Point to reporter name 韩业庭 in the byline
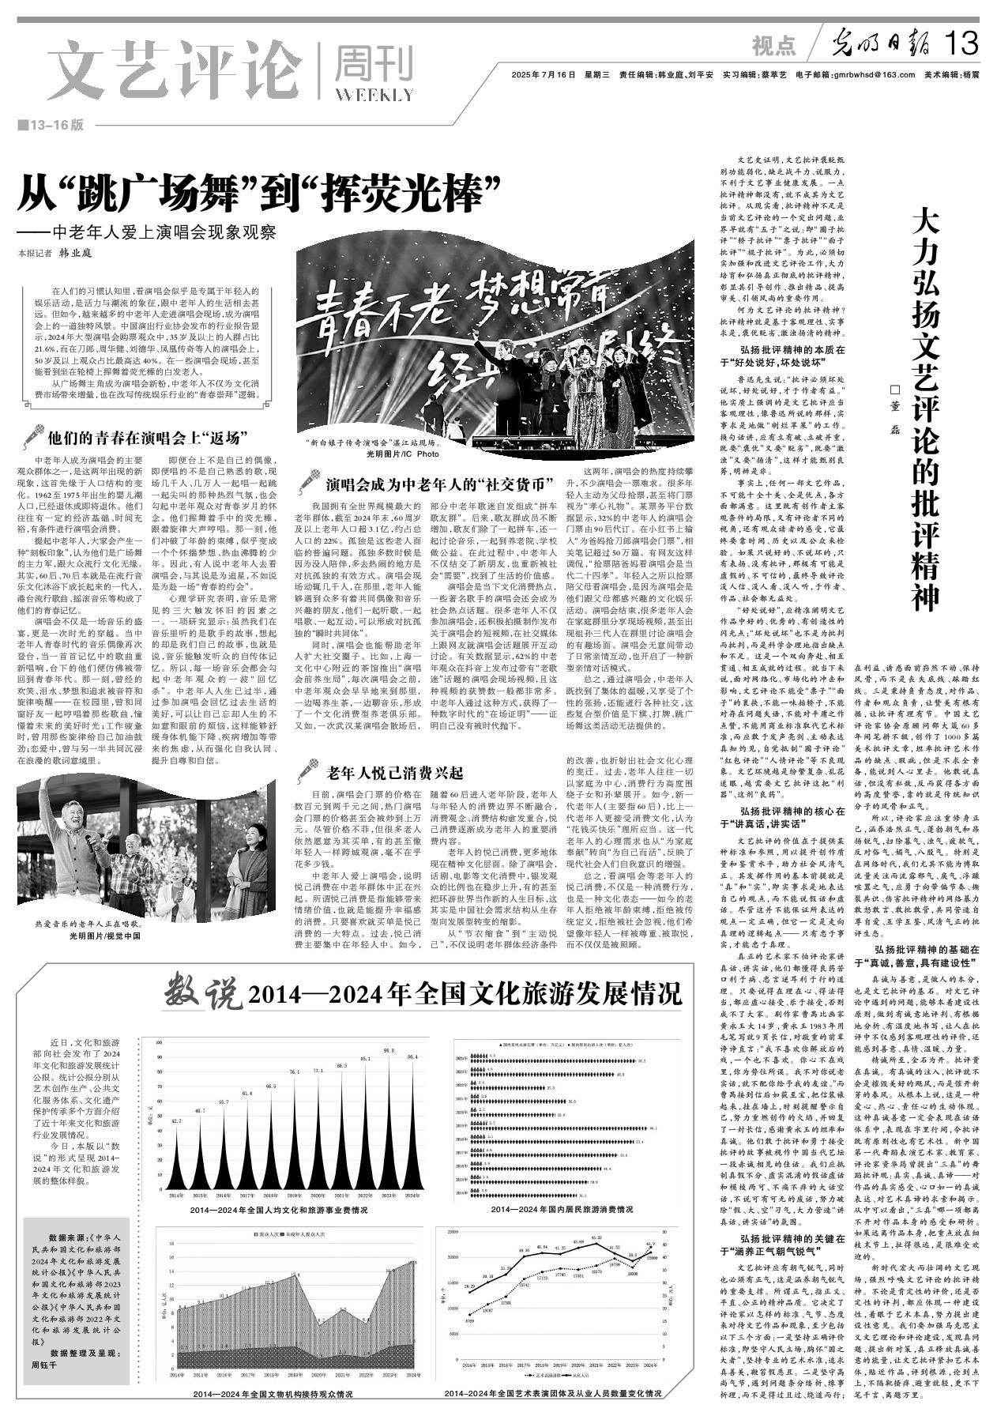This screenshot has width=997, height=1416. click(x=77, y=253)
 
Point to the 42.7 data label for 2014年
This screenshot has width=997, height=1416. click(x=176, y=1121)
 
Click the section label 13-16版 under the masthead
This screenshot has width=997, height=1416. click(x=55, y=126)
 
